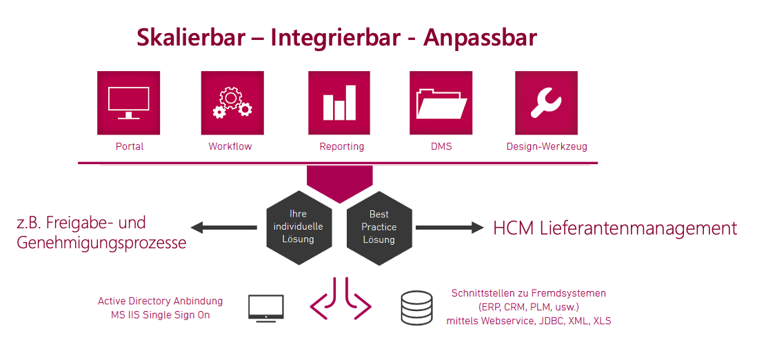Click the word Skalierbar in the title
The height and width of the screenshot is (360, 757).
point(191,38)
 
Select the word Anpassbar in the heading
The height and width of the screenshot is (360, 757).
point(480,38)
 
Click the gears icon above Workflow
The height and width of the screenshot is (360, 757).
point(232,103)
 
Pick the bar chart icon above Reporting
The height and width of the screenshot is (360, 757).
point(339,103)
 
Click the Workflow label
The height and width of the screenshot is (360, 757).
point(230,146)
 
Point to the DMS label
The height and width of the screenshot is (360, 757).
point(441,146)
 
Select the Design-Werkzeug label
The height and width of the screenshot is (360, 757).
point(547,147)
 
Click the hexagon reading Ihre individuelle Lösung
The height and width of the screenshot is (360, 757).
point(299,228)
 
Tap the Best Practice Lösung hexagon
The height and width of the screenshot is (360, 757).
point(379,228)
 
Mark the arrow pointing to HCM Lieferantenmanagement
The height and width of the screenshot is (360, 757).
point(450,228)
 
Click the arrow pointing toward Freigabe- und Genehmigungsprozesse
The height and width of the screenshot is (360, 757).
point(224,228)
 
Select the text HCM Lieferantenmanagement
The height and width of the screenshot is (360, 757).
point(615,228)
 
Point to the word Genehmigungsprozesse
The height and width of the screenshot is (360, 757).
point(101,243)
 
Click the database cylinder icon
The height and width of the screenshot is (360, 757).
point(416,307)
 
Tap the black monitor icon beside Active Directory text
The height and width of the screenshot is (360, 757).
point(266,308)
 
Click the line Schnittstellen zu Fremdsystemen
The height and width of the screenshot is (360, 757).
point(529,293)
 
